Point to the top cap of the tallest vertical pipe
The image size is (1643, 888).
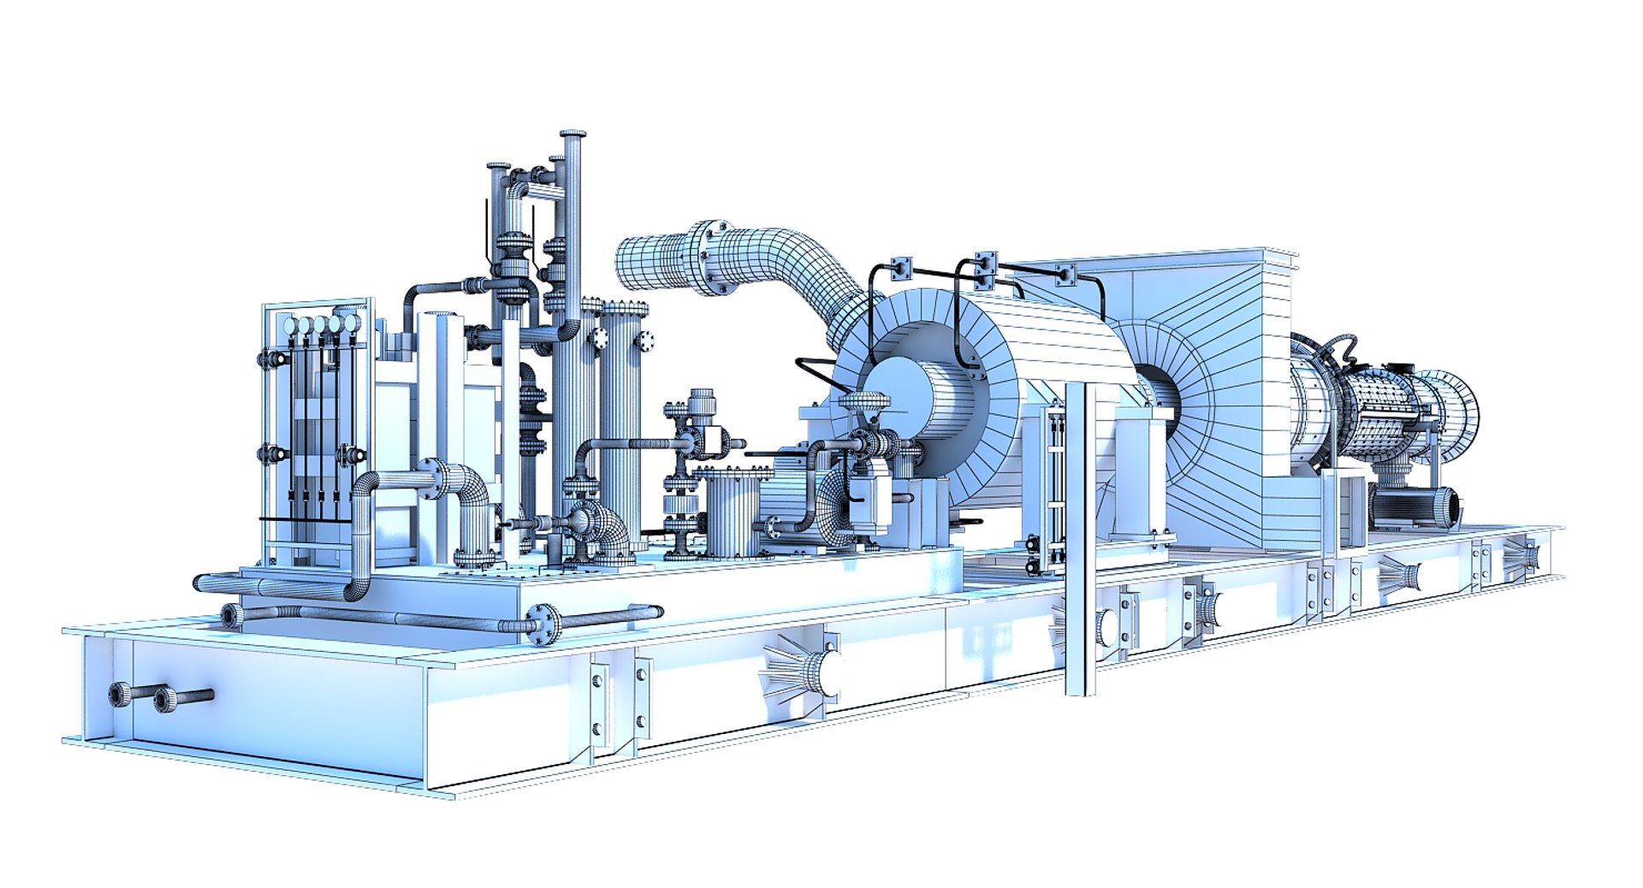point(572,135)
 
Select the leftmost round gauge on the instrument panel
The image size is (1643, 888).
point(289,325)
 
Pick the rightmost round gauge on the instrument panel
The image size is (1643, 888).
point(350,323)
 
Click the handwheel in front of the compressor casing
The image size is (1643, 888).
point(863,400)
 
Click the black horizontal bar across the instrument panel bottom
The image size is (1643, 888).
point(304,519)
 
